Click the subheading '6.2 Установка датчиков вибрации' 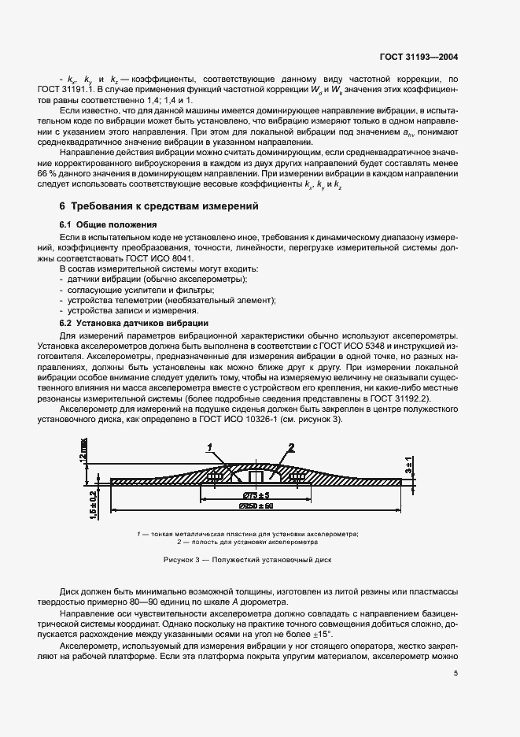[x=134, y=323]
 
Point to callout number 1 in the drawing [x=209, y=446]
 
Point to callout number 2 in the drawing [x=290, y=446]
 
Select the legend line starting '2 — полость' [x=247, y=543]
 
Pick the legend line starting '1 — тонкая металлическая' [x=247, y=535]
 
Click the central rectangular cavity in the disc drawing [x=254, y=476]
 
